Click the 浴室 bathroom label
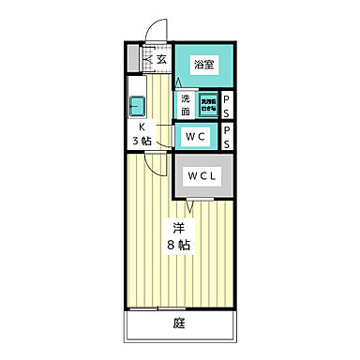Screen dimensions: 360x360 click(x=202, y=64)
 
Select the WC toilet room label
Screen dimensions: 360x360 click(x=195, y=137)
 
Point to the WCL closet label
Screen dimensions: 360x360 click(x=202, y=175)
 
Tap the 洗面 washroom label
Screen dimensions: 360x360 click(x=186, y=102)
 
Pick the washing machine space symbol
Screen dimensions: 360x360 click(x=208, y=103)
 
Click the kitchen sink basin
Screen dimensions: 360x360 click(x=137, y=104)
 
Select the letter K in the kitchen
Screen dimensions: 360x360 click(x=143, y=128)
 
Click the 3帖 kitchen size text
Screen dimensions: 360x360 click(x=143, y=142)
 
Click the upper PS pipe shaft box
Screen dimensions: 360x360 click(x=227, y=103)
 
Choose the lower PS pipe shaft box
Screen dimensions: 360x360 click(x=227, y=137)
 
